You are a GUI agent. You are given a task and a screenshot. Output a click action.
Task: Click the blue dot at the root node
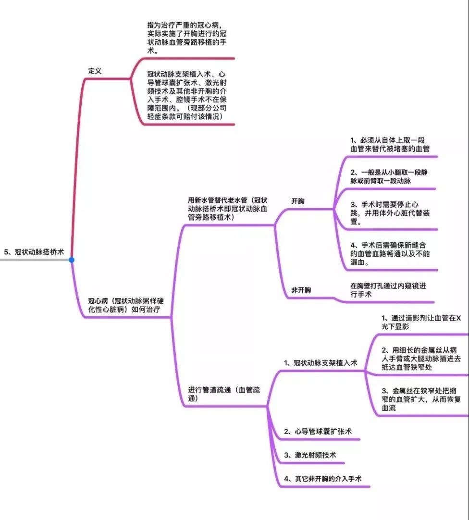point(71,260)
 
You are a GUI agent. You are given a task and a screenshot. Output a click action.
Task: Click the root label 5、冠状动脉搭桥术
point(34,252)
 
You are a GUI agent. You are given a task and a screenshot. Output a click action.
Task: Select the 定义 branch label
point(95,71)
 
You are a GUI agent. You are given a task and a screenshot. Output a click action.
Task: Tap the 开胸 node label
point(297,201)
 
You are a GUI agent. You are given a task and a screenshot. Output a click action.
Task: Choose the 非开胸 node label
point(301,290)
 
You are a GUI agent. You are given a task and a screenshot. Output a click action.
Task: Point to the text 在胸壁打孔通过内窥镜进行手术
point(388,290)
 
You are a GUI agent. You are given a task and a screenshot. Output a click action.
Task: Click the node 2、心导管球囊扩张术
point(318,432)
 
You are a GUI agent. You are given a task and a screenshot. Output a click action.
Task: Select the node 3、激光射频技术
point(310,455)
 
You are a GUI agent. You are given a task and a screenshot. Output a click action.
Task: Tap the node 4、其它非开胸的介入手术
point(322,479)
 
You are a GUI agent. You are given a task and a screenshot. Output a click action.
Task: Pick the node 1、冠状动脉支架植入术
point(321,363)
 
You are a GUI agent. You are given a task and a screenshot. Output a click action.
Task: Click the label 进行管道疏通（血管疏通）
point(224,394)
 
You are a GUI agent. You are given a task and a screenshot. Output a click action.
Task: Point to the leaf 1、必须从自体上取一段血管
point(390,144)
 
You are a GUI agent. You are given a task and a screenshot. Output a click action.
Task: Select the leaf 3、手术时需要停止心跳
point(390,213)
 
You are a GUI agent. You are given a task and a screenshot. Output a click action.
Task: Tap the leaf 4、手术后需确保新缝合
point(390,254)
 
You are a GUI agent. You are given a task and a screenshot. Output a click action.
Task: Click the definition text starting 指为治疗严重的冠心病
point(187,38)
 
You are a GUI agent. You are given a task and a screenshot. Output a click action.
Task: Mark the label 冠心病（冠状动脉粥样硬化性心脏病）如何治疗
point(126,305)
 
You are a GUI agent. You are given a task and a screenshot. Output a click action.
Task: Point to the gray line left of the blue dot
point(35,260)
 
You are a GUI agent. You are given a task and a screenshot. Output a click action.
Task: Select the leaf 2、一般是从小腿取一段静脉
point(389,176)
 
